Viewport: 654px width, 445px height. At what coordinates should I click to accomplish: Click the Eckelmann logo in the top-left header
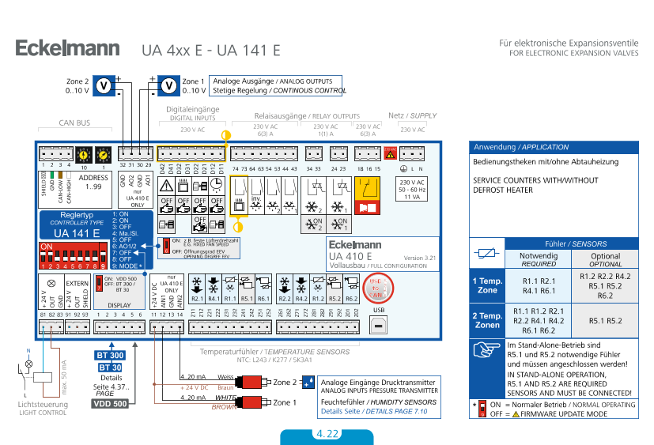[67, 49]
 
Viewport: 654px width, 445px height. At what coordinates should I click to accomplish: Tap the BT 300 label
[110, 355]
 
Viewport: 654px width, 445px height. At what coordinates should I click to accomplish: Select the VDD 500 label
[110, 404]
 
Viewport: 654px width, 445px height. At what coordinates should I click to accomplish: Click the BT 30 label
[110, 368]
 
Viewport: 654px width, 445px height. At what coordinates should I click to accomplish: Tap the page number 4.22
[327, 434]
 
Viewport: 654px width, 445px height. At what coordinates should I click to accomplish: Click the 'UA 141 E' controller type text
[76, 233]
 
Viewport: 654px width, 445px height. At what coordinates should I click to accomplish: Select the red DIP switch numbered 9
[104, 258]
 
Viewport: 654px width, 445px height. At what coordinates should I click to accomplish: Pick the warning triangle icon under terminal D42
[167, 185]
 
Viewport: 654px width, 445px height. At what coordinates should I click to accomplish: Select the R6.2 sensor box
[352, 290]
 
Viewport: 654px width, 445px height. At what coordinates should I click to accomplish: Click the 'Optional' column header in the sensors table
[606, 260]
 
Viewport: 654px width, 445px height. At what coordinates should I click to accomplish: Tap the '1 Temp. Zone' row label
[486, 285]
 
